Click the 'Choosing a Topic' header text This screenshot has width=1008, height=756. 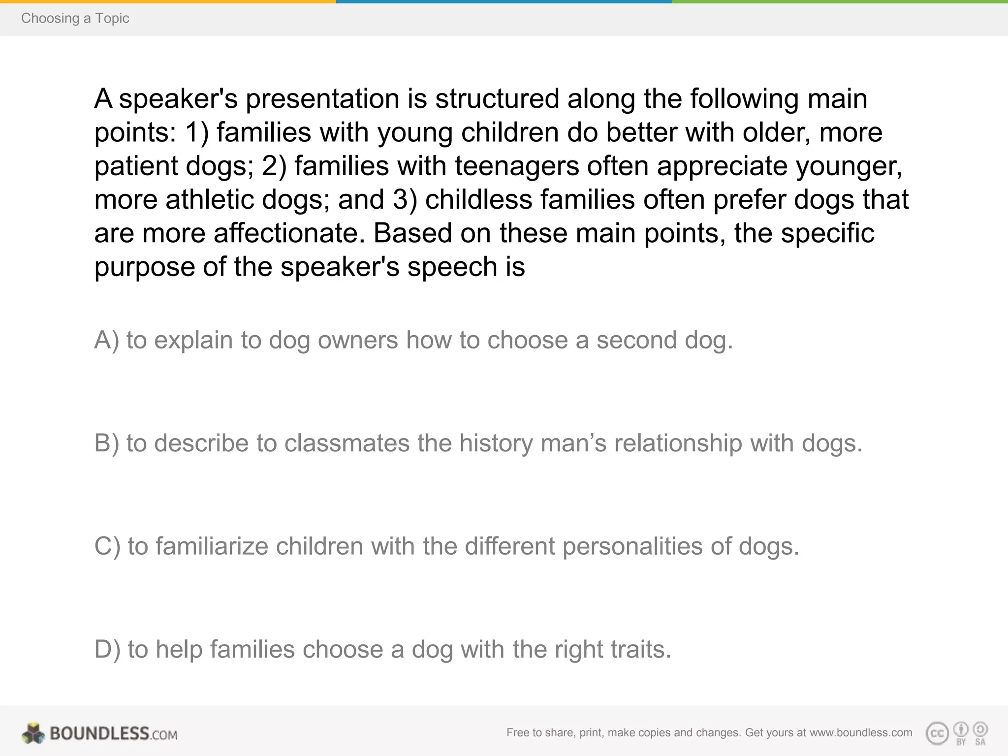point(75,18)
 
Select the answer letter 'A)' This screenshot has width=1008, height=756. point(106,340)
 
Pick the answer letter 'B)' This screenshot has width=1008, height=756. point(106,443)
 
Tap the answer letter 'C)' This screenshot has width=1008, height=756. point(107,546)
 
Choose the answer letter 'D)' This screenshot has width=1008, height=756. point(107,649)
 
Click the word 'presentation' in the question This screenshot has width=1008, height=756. point(322,99)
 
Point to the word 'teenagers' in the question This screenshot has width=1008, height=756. point(517,166)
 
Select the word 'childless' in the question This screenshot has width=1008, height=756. point(478,200)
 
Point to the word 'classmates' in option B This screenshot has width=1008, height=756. point(346,443)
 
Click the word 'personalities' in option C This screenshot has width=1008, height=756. point(632,546)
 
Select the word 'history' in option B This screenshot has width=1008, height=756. point(496,443)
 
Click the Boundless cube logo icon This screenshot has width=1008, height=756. point(33,733)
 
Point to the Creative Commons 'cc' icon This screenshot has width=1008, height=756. point(937,733)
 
